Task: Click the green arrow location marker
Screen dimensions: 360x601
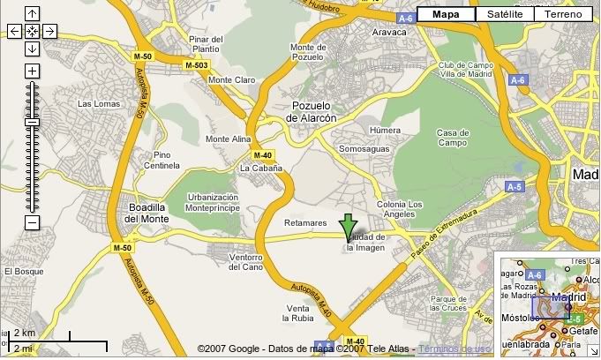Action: (349, 225)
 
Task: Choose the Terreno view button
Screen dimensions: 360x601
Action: (563, 14)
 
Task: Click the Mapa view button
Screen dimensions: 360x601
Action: (446, 14)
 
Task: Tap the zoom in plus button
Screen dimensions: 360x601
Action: (32, 71)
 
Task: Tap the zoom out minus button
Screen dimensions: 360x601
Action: (32, 223)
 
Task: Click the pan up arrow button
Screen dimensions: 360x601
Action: (32, 13)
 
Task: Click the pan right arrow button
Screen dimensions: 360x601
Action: (49, 31)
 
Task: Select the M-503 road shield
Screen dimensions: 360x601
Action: (196, 65)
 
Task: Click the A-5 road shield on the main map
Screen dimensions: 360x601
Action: (514, 187)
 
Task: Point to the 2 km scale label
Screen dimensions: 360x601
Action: (24, 334)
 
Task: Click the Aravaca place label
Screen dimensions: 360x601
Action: (389, 32)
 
